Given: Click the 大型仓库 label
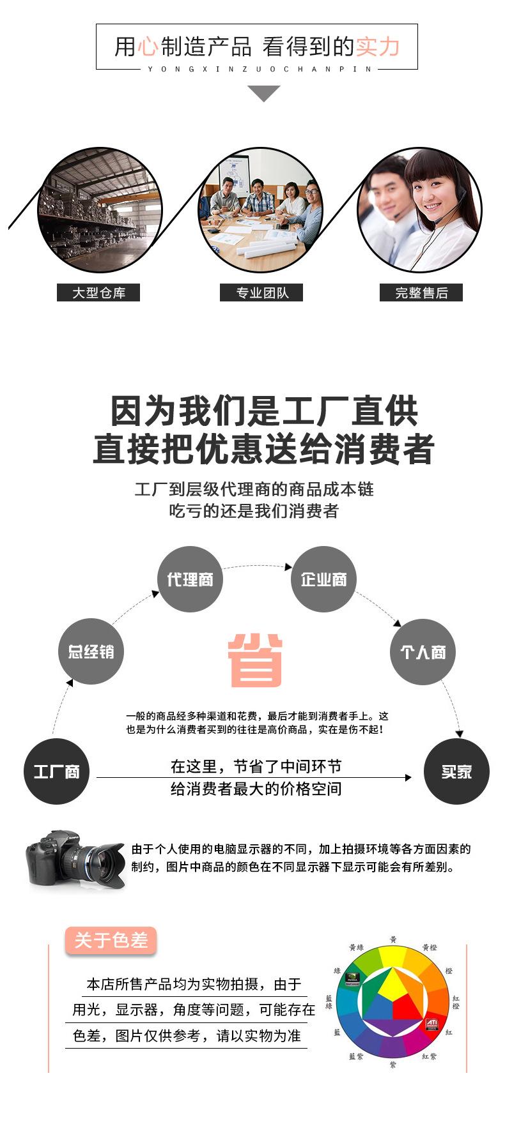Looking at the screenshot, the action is click(98, 292).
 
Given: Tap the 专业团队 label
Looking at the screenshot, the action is click(261, 292).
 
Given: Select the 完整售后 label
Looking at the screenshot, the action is click(421, 292).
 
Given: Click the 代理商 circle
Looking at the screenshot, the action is click(190, 579).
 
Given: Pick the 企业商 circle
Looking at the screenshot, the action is click(323, 579).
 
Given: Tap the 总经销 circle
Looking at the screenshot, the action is click(91, 651).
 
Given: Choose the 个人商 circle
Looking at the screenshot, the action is click(423, 652).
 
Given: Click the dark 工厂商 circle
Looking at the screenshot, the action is click(56, 771).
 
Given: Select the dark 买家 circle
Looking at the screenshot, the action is click(456, 771).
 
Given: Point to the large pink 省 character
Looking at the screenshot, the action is click(256, 660).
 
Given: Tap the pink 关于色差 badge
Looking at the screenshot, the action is click(111, 941).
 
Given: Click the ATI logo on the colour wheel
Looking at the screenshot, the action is click(431, 1024).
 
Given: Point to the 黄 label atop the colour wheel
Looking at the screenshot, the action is click(393, 939).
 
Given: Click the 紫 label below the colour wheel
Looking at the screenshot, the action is click(392, 1065).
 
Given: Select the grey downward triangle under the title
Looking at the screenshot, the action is click(263, 93).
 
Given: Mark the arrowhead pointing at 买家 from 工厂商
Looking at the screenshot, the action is click(408, 777).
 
